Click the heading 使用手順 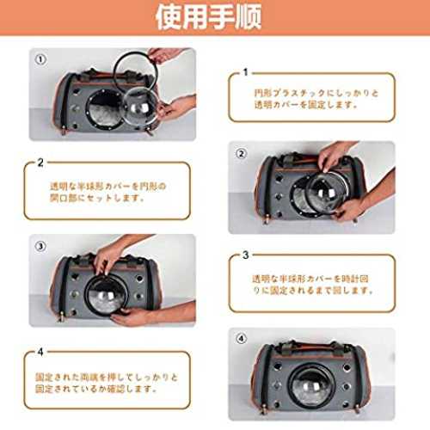point(208,17)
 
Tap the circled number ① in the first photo point(40,59)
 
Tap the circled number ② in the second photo point(241,154)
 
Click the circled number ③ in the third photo point(40,246)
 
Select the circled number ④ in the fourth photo point(241,339)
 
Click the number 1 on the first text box point(245,72)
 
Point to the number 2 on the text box point(40,163)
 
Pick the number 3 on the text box point(245,255)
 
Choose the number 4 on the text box point(40,352)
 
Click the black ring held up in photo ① point(114,71)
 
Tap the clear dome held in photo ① point(140,106)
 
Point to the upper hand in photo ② point(333,157)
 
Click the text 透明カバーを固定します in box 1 point(305,105)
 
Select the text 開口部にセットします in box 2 point(97,198)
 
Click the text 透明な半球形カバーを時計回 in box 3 point(310,279)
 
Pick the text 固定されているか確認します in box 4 point(96,389)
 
